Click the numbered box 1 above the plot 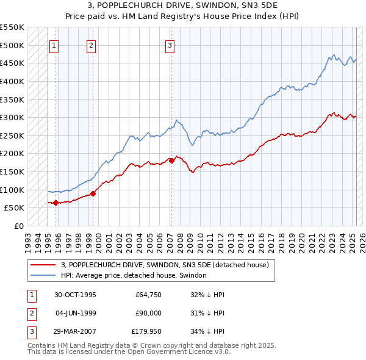point(54,45)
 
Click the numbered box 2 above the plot point(91,45)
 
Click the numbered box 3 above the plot point(170,45)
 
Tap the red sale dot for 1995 point(56,203)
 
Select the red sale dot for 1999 point(93,193)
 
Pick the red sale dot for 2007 point(171,160)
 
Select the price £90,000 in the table point(148,313)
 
